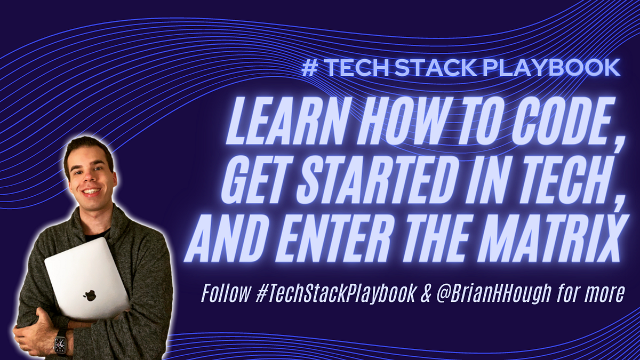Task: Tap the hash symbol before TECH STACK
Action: coord(308,68)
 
